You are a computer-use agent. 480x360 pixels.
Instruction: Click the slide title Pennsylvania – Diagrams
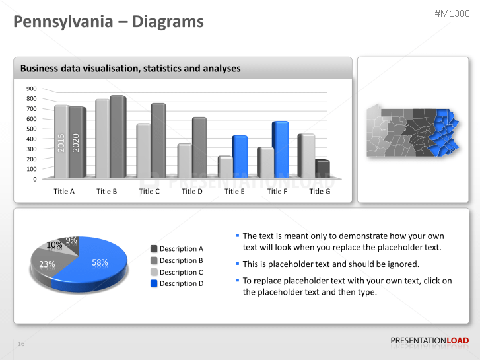(x=109, y=22)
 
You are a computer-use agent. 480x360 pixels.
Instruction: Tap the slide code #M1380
(x=454, y=13)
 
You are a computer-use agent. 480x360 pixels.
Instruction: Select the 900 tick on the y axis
(x=32, y=89)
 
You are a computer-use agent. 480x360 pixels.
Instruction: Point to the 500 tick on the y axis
(x=32, y=129)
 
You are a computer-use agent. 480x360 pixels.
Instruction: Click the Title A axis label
(x=64, y=191)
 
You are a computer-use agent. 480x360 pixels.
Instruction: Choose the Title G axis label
(x=320, y=191)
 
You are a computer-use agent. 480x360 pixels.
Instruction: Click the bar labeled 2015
(x=61, y=142)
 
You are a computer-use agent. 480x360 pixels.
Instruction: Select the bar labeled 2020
(x=77, y=143)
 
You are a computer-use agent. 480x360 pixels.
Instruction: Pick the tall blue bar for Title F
(x=280, y=150)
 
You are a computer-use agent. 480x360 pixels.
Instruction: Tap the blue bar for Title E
(x=239, y=157)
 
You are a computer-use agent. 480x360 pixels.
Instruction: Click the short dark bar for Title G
(x=322, y=169)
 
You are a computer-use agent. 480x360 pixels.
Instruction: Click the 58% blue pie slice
(x=96, y=264)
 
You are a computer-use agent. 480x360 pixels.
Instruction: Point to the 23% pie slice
(x=46, y=265)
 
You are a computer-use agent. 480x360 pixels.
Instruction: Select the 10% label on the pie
(x=55, y=245)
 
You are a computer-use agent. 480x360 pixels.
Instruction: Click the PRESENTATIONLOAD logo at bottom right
(x=429, y=341)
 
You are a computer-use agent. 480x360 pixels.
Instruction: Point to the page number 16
(x=21, y=344)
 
